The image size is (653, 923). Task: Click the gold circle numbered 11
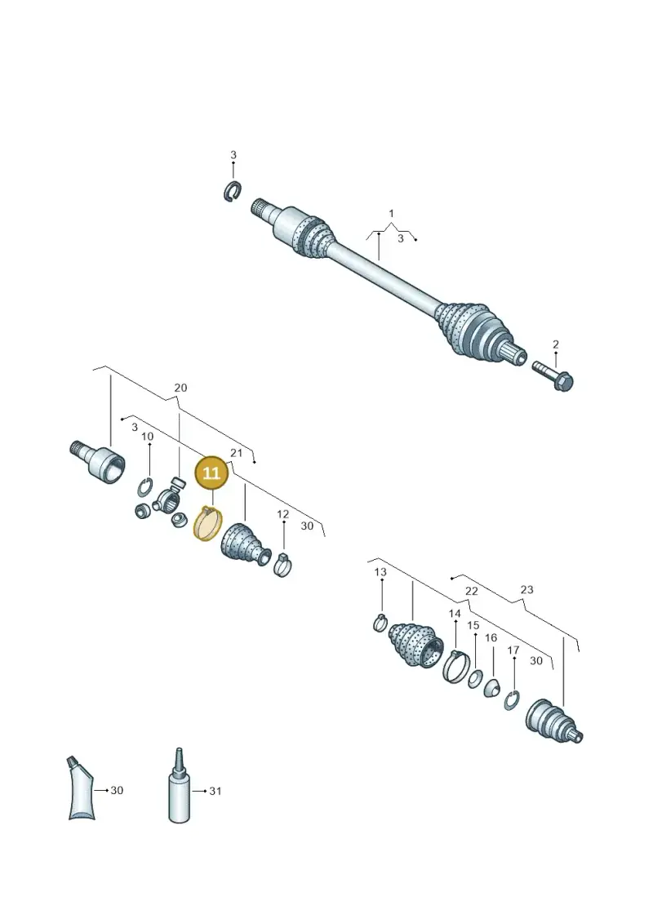(211, 473)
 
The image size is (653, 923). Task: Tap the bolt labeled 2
(553, 376)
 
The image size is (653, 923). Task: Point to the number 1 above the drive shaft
(391, 214)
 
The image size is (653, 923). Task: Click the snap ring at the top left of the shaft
(233, 191)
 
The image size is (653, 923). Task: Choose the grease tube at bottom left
(81, 788)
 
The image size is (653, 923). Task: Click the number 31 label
(215, 791)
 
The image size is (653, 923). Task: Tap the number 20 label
(180, 388)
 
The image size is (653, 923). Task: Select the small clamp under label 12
(282, 564)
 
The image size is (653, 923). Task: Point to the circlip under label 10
(144, 488)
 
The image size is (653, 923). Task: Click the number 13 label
(380, 571)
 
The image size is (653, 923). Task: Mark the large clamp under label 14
(455, 667)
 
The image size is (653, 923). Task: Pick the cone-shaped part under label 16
(491, 687)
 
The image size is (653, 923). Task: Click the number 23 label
(526, 589)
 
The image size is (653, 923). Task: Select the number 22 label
(472, 591)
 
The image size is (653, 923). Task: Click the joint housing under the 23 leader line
(553, 721)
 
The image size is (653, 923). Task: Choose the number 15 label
(473, 625)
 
